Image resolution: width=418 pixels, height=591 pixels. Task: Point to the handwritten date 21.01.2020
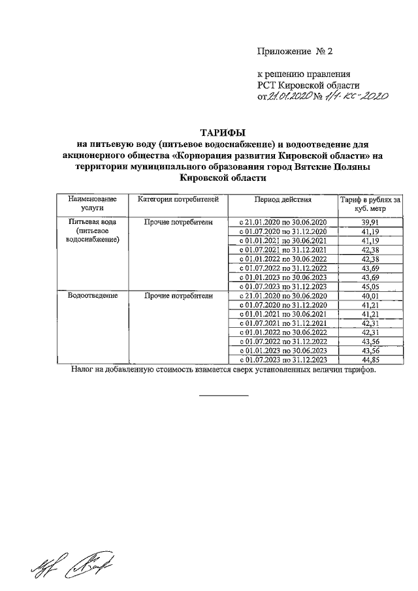[x=289, y=97]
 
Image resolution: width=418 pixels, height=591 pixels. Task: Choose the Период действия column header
[x=283, y=199]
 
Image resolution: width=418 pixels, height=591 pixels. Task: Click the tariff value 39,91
[x=369, y=222]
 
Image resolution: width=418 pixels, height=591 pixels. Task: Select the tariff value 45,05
[x=369, y=286]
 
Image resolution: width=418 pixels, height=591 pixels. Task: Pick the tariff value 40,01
[x=369, y=295]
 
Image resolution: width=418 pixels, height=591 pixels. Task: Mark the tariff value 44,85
[x=369, y=359]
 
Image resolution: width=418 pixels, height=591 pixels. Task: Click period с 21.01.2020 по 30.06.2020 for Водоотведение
[x=283, y=295]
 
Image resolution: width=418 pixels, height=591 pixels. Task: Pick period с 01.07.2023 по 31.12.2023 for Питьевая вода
[x=283, y=286]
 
